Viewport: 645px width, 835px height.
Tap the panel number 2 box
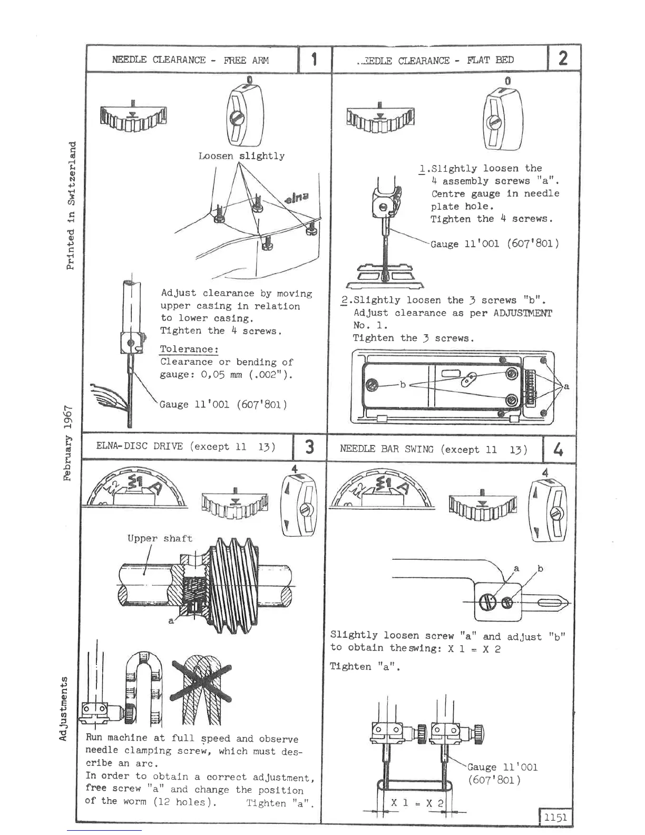click(563, 58)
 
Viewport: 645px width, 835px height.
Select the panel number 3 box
click(310, 447)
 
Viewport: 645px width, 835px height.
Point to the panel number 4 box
click(558, 450)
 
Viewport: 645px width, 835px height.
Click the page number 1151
click(555, 818)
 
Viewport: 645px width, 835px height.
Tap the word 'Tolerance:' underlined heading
click(189, 349)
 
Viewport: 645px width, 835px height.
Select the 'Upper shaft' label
click(160, 538)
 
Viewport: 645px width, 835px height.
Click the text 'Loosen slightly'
click(241, 156)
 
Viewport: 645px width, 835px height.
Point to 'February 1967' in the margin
click(68, 443)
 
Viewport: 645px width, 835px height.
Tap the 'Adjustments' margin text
click(64, 707)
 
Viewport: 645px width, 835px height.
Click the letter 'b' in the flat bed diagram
click(403, 384)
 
